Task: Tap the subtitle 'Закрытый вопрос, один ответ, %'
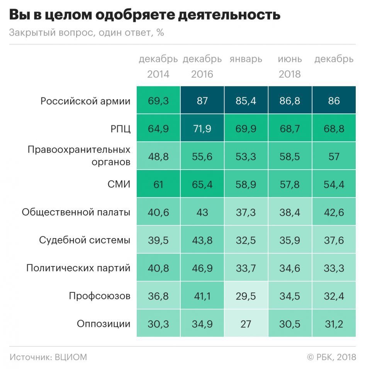87,33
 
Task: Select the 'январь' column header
246,59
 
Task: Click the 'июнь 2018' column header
290,66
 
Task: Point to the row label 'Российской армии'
85,101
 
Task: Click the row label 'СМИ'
119,184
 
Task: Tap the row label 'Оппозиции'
104,324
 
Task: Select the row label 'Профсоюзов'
100,296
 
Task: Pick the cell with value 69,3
158,101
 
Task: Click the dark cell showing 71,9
202,129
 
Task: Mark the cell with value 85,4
246,101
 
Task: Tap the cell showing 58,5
290,156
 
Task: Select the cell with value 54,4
334,184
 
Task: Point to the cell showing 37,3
246,212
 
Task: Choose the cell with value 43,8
202,240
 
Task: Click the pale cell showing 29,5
246,296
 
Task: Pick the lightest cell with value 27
246,324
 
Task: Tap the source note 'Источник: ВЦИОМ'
48,357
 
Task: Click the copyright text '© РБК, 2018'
331,357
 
